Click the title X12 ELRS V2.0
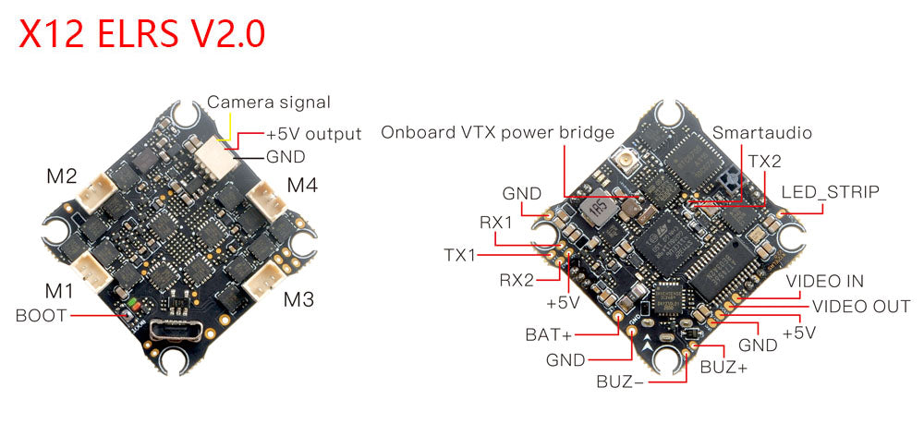(142, 34)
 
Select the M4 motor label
(302, 185)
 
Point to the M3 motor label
(299, 299)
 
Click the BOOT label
(42, 315)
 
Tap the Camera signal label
(269, 103)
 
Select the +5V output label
(314, 135)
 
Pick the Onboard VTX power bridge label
(498, 133)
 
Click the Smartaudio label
(763, 133)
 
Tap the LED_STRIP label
(830, 192)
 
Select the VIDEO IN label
(825, 281)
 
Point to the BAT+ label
(547, 334)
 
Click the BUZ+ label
(724, 367)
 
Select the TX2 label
(765, 161)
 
